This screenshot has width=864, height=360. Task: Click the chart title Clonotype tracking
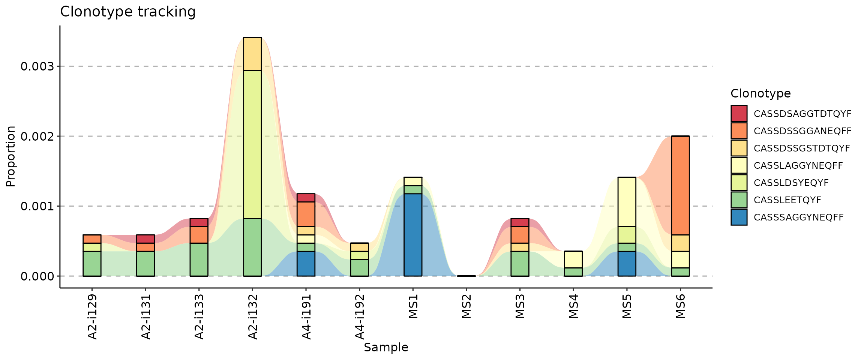click(x=127, y=12)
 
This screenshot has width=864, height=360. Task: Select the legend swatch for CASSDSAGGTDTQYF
click(x=739, y=114)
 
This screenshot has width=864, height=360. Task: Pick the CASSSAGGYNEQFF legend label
click(x=798, y=217)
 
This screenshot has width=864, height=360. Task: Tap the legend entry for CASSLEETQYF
click(x=787, y=200)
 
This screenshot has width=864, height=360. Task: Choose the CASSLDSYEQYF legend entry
click(x=791, y=183)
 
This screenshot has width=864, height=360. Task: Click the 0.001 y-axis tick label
click(x=37, y=207)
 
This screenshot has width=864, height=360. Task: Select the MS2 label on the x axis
click(x=466, y=307)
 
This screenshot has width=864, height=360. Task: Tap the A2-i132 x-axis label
click(x=253, y=317)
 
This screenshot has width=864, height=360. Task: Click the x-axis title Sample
click(x=386, y=348)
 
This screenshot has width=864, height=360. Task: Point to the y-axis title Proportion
click(x=10, y=156)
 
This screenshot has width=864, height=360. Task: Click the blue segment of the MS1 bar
click(x=413, y=235)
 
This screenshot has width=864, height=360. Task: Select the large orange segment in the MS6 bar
click(x=680, y=185)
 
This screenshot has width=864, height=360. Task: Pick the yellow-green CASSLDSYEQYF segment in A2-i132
click(x=252, y=144)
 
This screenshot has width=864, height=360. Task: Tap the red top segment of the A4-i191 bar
click(x=306, y=198)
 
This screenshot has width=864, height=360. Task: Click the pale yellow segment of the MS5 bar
click(x=627, y=202)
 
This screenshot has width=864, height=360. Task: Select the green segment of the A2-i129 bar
click(x=92, y=264)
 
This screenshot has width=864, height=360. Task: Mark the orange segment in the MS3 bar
click(x=520, y=235)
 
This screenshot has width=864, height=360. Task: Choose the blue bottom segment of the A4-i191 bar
click(x=306, y=264)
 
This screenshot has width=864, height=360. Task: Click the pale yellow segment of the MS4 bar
click(x=573, y=259)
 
